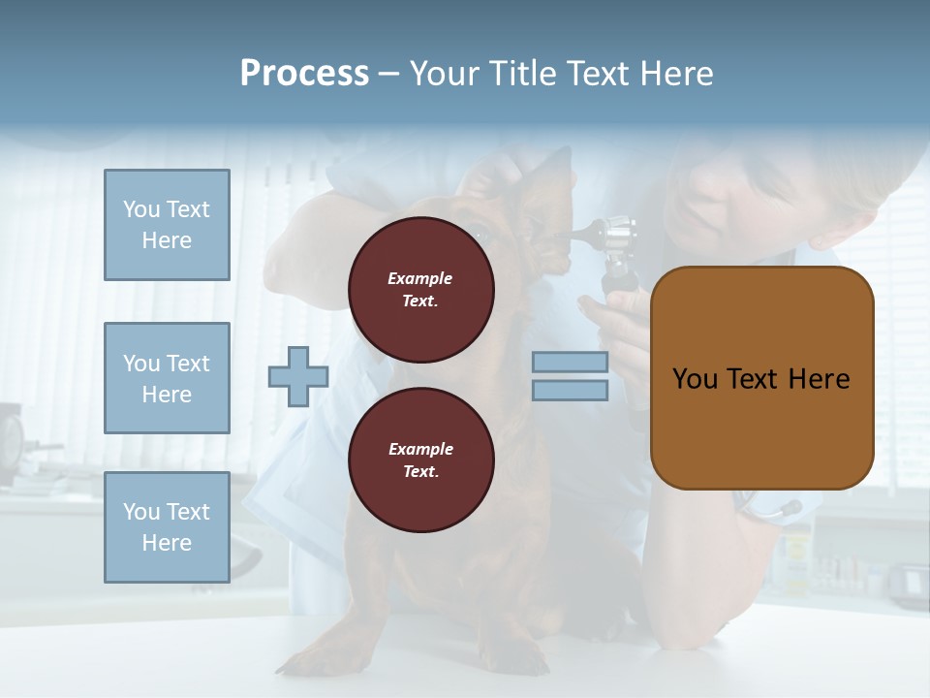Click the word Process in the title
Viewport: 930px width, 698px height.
tap(304, 74)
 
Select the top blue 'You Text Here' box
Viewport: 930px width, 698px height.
tap(167, 225)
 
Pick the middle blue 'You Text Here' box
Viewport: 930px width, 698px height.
tap(167, 378)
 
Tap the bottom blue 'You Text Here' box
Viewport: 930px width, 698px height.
tap(167, 527)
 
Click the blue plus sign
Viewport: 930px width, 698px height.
tap(298, 376)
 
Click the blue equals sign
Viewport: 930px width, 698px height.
tap(570, 376)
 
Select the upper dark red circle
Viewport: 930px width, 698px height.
tap(421, 290)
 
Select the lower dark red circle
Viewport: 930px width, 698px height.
tap(421, 460)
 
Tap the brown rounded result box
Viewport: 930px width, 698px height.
tap(761, 378)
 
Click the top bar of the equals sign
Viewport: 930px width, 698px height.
tap(570, 363)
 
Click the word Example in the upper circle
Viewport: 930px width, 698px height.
tap(419, 278)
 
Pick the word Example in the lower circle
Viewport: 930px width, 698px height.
tap(419, 449)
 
